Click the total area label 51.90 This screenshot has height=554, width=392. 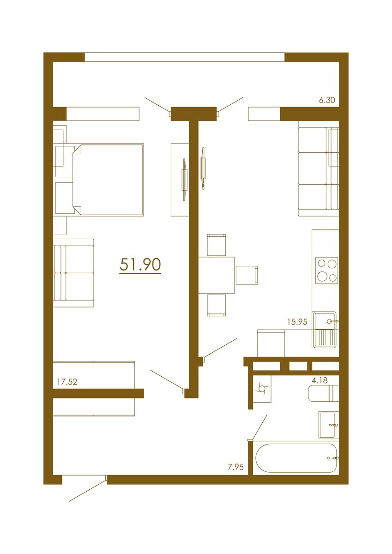point(140,265)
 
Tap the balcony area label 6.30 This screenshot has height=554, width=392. point(326,100)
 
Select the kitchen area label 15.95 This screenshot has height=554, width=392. point(297,322)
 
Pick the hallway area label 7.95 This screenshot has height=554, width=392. point(235,467)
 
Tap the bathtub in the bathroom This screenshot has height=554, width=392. point(296,458)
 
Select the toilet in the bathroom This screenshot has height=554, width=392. point(323,393)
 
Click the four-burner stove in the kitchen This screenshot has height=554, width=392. point(326,270)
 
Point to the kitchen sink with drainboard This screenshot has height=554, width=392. point(325,329)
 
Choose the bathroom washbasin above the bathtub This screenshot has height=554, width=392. point(328,424)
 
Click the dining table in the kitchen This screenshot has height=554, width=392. point(217,275)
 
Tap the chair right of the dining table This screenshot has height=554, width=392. point(247,275)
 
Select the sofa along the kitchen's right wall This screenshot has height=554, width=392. point(319,169)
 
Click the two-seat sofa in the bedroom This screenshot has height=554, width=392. point(73,273)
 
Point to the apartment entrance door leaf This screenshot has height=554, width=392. point(88,491)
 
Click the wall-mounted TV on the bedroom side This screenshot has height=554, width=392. point(184,179)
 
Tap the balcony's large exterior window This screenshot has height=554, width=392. point(185,57)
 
